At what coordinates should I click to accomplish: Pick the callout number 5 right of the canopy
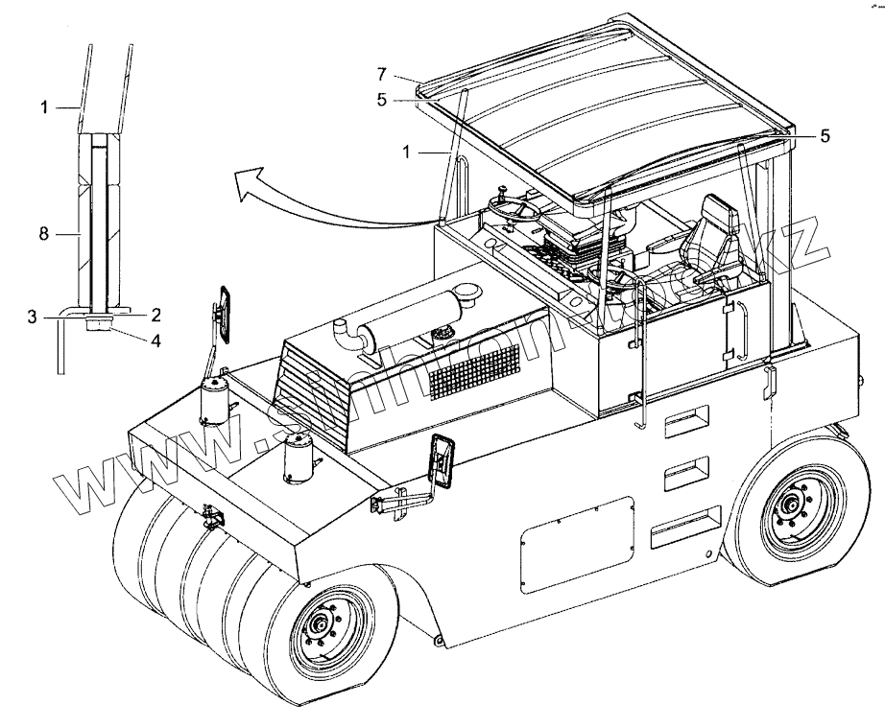[x=824, y=136]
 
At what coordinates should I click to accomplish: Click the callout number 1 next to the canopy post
[x=408, y=151]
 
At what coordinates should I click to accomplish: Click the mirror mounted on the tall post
[x=225, y=312]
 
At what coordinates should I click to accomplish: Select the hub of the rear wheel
[x=792, y=504]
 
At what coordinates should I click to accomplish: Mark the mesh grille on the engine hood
[x=475, y=372]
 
